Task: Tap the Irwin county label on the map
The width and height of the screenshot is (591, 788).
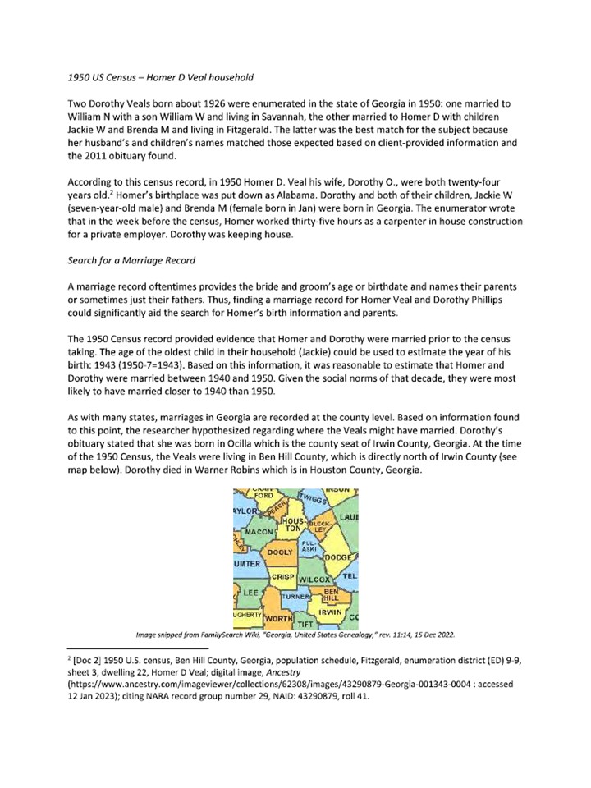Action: point(330,612)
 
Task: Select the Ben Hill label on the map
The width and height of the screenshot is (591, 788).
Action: point(331,594)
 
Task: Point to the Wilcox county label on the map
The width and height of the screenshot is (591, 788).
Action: point(314,580)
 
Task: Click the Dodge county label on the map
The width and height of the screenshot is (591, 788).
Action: point(339,558)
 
